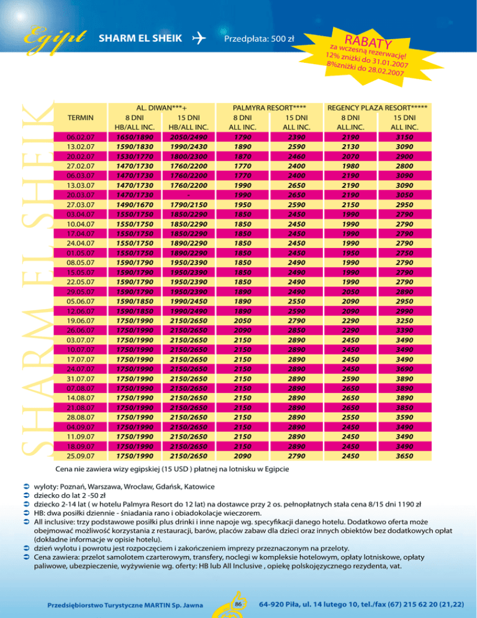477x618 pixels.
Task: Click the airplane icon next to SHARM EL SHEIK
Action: pyautogui.click(x=200, y=39)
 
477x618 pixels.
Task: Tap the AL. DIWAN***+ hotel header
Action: pyautogui.click(x=152, y=107)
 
